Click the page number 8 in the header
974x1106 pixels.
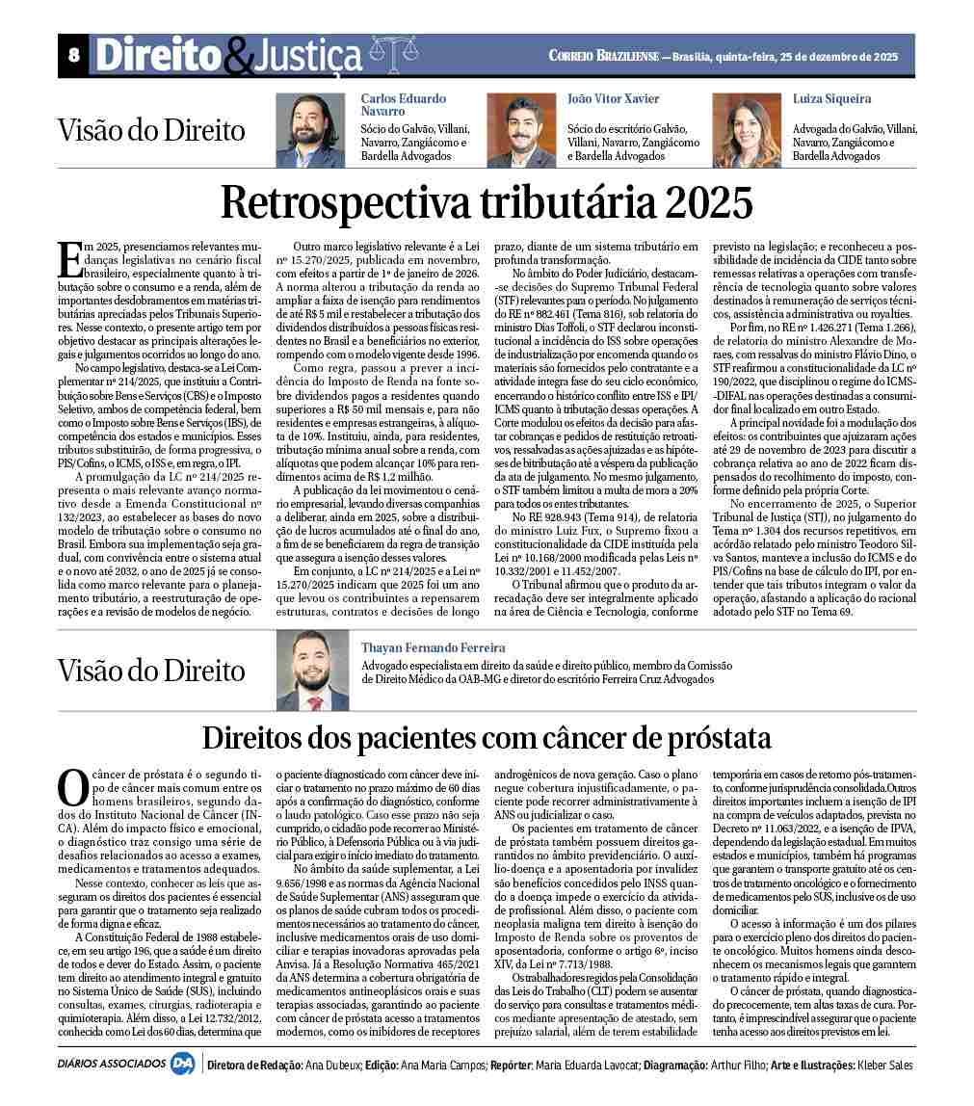73,56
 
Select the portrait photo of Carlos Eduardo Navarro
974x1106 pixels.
310,130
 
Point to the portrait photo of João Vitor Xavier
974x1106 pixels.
519,130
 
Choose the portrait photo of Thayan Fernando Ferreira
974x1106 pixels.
312,671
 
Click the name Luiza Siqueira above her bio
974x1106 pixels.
831,99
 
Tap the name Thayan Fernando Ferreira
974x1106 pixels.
433,648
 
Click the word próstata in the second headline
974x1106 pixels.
713,738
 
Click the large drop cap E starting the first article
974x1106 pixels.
70,260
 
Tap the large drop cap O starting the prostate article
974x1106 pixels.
72,787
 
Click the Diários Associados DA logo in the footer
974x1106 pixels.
181,1066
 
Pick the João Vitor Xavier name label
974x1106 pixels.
614,99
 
